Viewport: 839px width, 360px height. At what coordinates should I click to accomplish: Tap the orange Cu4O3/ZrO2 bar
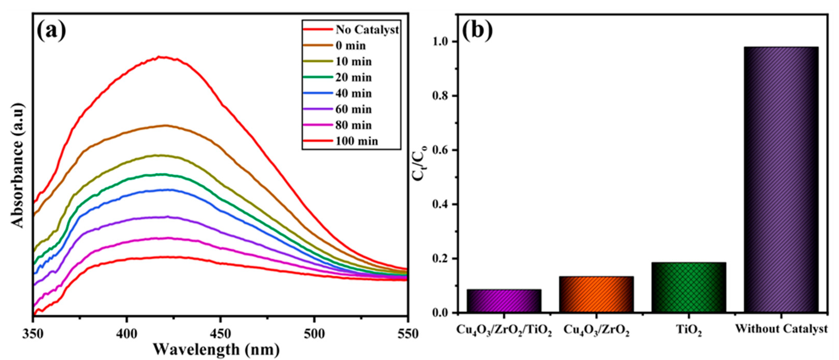(x=596, y=294)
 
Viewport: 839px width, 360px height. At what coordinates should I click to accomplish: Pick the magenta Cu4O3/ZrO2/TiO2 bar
(x=504, y=301)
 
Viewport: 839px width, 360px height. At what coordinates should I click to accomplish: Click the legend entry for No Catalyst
(x=367, y=30)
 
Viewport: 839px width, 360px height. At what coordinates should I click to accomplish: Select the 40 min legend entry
(x=353, y=93)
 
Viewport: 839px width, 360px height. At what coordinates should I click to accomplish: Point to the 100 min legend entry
(x=357, y=141)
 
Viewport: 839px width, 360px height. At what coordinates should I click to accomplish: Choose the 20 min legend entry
(x=353, y=78)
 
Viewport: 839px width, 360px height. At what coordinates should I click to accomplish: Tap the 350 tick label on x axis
(x=33, y=334)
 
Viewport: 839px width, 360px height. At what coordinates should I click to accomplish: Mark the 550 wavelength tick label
(x=406, y=334)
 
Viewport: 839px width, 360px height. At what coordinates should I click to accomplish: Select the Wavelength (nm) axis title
(x=216, y=350)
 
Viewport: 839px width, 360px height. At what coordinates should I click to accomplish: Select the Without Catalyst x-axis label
(x=781, y=329)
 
